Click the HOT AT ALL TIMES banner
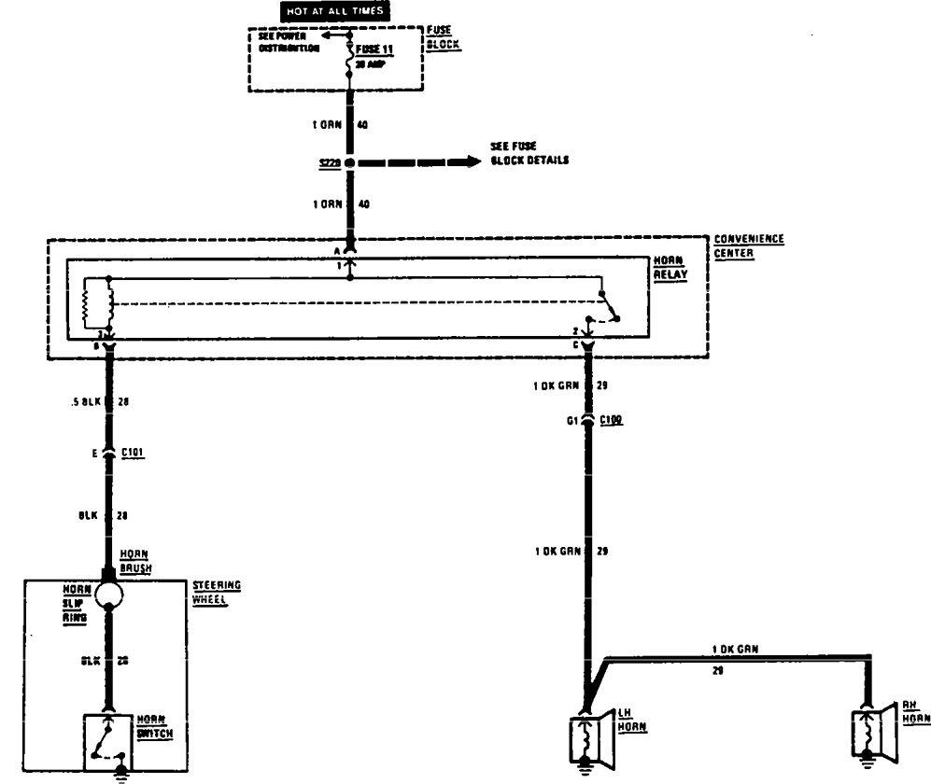(x=335, y=11)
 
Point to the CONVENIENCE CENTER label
(x=748, y=246)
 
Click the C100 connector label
(x=613, y=421)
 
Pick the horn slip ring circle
(x=108, y=594)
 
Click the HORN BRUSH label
(x=135, y=560)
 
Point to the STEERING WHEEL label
(x=217, y=592)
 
